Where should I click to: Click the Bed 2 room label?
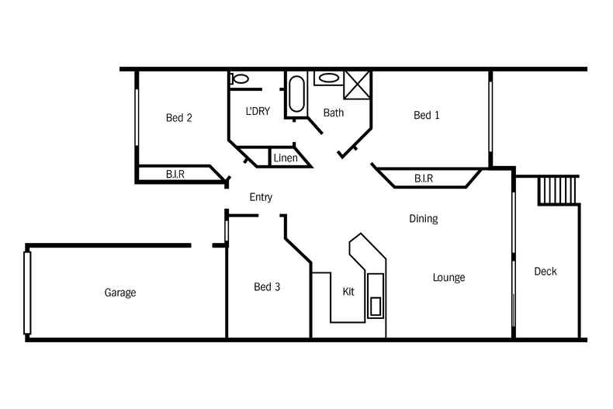tap(179, 118)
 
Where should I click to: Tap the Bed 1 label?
tap(427, 115)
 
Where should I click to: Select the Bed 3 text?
tap(267, 286)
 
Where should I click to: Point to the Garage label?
tap(120, 293)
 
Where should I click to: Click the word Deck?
tap(545, 271)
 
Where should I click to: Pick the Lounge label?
tap(448, 278)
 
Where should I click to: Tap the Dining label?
tap(424, 219)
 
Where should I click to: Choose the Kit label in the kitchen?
tap(348, 291)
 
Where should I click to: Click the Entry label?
tap(261, 197)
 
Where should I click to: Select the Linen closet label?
tap(286, 158)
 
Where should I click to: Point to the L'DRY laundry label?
tap(258, 111)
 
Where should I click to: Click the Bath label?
tap(334, 113)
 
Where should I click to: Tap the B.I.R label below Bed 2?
tap(175, 174)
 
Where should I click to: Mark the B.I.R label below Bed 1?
tap(424, 179)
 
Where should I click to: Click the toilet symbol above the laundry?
tap(239, 78)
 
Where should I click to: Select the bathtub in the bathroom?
tap(296, 94)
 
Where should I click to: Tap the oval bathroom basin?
tap(329, 78)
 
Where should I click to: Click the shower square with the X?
tap(356, 85)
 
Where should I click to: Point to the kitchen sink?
tap(376, 296)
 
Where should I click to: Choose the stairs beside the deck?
tap(558, 190)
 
